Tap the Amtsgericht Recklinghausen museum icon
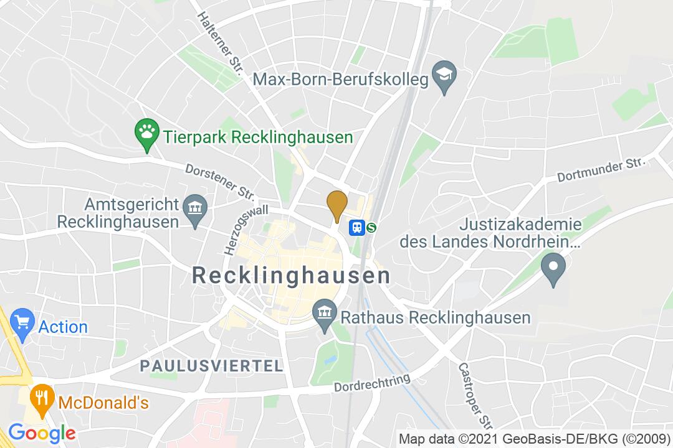[196, 206]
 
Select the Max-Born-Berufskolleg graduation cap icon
[445, 77]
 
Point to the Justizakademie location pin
[553, 268]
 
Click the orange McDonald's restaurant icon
[42, 398]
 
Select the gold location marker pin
[337, 203]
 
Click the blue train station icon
[357, 228]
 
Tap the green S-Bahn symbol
[372, 228]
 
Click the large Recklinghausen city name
[291, 275]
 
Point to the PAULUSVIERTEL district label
[212, 366]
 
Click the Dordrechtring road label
[372, 383]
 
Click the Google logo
[41, 432]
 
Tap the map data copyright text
[534, 438]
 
